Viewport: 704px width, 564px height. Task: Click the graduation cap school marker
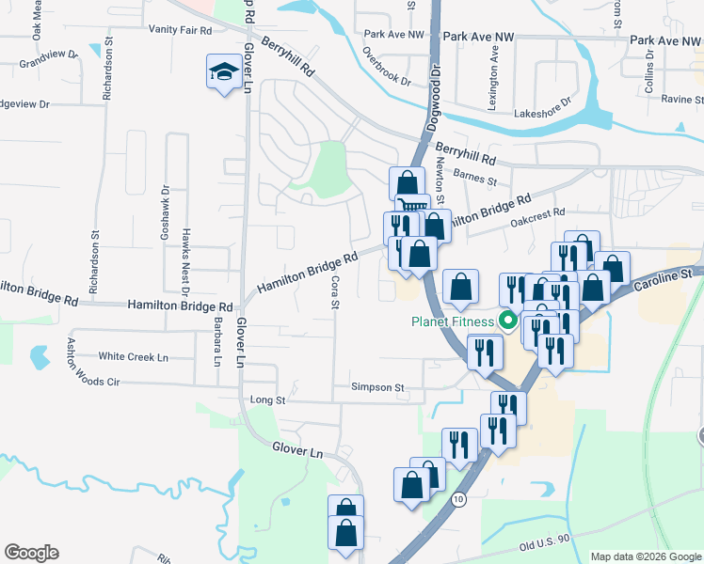[x=223, y=72]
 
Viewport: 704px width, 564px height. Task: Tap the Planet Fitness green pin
[x=509, y=321]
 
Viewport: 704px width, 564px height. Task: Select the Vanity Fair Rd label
[x=180, y=30]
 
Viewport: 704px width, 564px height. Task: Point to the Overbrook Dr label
[x=387, y=67]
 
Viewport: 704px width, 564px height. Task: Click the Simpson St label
[x=376, y=387]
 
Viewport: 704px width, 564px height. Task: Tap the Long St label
[x=267, y=400]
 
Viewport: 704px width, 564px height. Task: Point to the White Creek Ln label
[x=133, y=357]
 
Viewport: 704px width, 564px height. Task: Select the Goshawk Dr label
[x=164, y=214]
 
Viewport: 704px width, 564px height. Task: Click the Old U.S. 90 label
[x=543, y=543]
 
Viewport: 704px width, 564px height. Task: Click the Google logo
[x=31, y=553]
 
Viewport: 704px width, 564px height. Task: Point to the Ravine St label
[x=682, y=99]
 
